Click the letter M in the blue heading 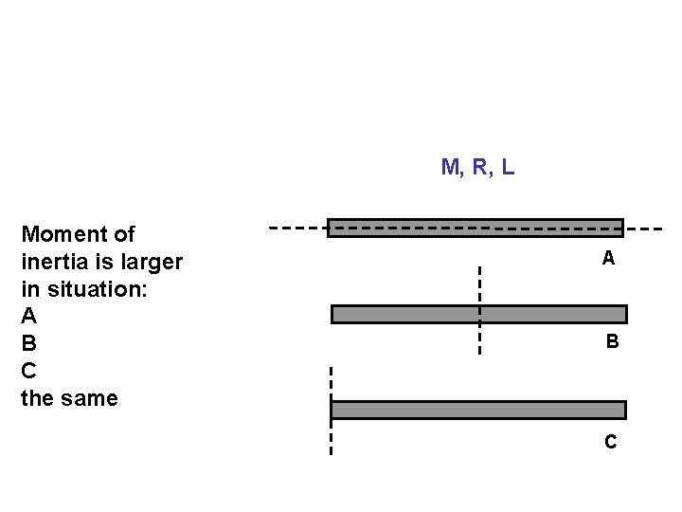point(451,168)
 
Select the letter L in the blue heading point(509,168)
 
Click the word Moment point(78,234)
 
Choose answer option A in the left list point(29,316)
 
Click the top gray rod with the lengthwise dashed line point(475,228)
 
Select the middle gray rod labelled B point(549,314)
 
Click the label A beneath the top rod point(608,258)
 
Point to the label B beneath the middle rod point(612,341)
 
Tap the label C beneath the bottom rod point(611,442)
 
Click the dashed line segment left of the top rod point(297,229)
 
